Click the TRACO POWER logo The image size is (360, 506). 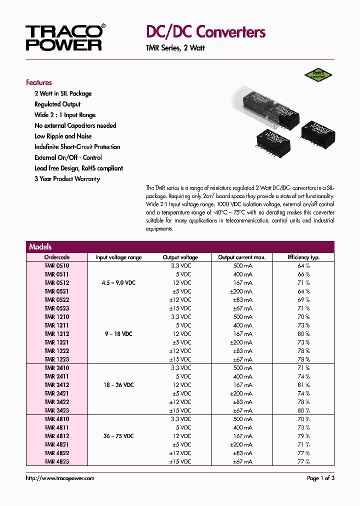tap(64, 37)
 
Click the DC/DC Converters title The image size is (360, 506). tap(205, 32)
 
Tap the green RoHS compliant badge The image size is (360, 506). tap(318, 74)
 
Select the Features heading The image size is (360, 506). tap(39, 82)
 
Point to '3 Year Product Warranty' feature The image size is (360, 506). tap(67, 179)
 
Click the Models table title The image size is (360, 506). tap(40, 246)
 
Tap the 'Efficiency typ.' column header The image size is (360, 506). tap(303, 257)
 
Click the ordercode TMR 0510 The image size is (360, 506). tap(57, 266)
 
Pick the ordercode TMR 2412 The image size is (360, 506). tap(57, 385)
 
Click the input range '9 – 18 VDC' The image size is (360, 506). tap(118, 334)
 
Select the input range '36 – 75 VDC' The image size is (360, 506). tap(118, 436)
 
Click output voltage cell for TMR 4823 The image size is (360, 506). tap(180, 461)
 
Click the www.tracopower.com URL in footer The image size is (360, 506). tap(60, 478)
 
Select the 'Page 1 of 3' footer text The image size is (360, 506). tap(320, 478)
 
